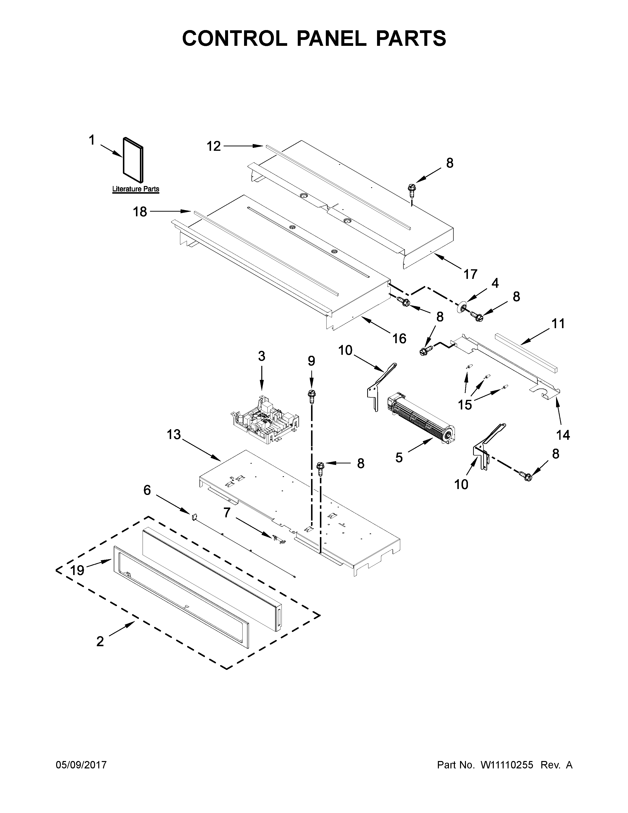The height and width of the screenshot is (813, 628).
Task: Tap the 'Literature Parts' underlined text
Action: pyautogui.click(x=135, y=189)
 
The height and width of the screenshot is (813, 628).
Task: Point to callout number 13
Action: pyautogui.click(x=174, y=434)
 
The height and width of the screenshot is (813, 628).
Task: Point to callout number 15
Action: pyautogui.click(x=465, y=404)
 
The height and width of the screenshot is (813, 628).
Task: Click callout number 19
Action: pyautogui.click(x=77, y=570)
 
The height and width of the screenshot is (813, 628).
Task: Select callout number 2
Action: pyautogui.click(x=100, y=641)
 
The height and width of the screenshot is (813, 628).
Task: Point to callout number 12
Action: pyautogui.click(x=214, y=146)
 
